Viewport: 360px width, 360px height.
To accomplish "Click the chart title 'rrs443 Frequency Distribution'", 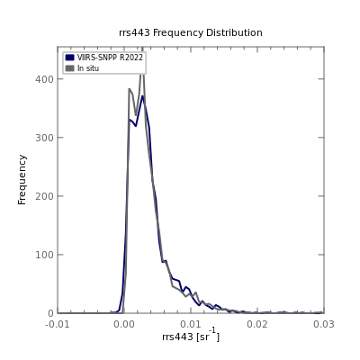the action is pos(191,32).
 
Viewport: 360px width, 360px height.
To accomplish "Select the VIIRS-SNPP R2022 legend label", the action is pos(110,58).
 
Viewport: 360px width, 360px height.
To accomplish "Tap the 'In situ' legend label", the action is pos(88,68).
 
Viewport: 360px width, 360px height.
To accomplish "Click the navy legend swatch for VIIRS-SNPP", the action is pos(70,58).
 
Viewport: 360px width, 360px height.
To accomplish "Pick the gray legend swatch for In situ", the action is pos(70,68).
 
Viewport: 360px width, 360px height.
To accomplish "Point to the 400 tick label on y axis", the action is pos(44,79).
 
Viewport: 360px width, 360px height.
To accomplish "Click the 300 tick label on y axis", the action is pos(44,138).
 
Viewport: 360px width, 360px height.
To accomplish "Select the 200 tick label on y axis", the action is pos(44,196).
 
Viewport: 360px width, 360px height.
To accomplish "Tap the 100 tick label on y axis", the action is pos(44,255).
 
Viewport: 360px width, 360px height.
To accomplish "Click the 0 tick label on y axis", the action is pos(50,313).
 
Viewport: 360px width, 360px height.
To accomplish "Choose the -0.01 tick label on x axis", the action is pos(58,324).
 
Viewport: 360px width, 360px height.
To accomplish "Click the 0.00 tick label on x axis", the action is pos(124,324).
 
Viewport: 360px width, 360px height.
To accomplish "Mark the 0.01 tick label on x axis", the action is pos(191,324).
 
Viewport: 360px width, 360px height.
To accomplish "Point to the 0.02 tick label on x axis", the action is pos(257,324).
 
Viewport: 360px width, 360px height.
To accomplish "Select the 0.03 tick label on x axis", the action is pos(324,324).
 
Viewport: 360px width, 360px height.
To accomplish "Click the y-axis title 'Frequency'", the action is pos(22,180).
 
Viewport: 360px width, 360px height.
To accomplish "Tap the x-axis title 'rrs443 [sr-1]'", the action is pos(191,335).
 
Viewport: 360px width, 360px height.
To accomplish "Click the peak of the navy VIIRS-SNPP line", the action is pos(142,96).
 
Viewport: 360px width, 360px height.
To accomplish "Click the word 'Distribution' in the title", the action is pos(234,32).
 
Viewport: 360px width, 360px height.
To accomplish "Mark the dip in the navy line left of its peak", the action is pos(136,126).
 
